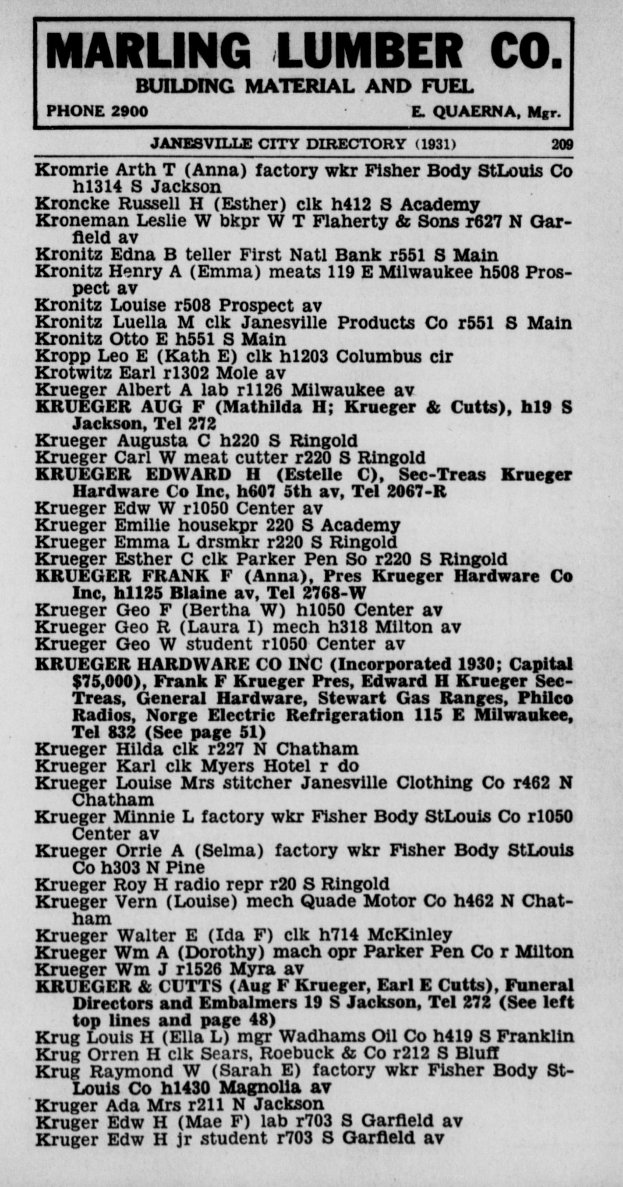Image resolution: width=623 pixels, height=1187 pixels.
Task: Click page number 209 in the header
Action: click(x=562, y=145)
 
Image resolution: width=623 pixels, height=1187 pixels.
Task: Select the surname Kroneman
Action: click(x=81, y=221)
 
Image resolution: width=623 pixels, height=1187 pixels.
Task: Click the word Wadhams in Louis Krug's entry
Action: click(x=317, y=1037)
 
